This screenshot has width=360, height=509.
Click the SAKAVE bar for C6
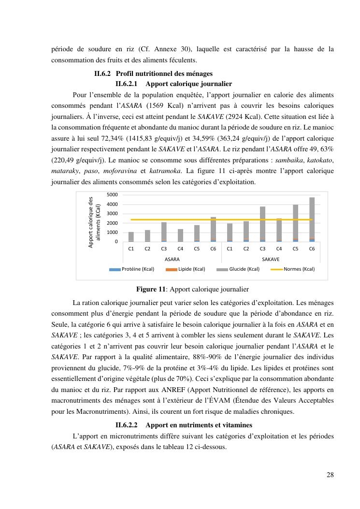(312, 220)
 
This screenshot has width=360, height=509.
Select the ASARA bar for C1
(131, 237)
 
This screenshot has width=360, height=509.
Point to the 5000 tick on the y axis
(112, 195)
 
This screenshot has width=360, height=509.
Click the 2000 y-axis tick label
(112, 223)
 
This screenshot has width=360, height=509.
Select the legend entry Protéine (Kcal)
(131, 269)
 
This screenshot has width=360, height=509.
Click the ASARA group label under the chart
(172, 259)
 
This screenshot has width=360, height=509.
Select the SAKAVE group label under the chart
(271, 259)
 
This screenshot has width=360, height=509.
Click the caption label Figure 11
(151, 290)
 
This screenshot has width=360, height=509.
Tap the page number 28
(330, 475)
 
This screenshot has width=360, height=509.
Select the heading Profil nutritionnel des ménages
(164, 74)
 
